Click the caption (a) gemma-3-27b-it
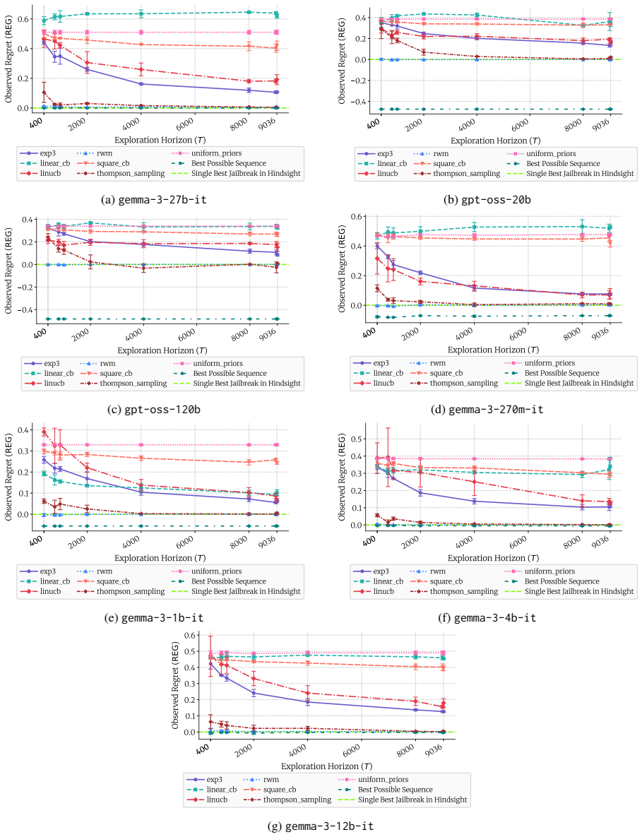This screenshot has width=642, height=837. [x=154, y=200]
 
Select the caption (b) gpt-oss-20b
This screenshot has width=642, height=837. [x=488, y=200]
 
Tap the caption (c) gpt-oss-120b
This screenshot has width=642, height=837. [x=154, y=410]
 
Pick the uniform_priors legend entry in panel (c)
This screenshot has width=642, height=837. [x=208, y=364]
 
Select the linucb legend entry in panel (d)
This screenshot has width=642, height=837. [x=374, y=384]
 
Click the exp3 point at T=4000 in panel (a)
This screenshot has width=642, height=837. [x=141, y=84]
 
